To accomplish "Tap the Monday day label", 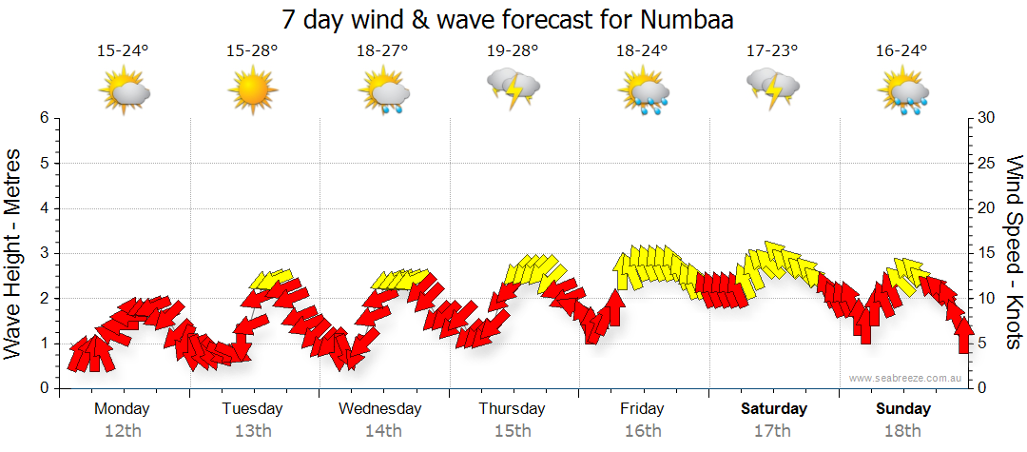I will click(122, 409).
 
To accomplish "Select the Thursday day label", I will click(512, 409).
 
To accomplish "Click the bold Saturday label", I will click(774, 409).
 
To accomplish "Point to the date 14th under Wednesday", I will click(381, 431).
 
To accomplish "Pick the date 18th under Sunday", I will click(903, 431).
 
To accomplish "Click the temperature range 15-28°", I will click(252, 51).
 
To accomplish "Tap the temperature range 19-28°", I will click(513, 51).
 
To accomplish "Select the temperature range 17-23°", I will click(772, 51).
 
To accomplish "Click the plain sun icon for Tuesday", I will click(253, 92).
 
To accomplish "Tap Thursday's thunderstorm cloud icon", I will click(513, 88).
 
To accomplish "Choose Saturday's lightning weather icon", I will click(772, 88).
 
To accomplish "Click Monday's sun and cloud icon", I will click(125, 92).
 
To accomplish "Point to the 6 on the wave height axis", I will click(44, 118).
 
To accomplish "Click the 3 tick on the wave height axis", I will click(44, 253).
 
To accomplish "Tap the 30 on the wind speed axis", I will click(987, 118).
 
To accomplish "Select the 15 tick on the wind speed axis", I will click(987, 253).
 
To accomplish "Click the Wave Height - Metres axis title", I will click(15, 253).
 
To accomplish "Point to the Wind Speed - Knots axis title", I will click(1013, 253).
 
